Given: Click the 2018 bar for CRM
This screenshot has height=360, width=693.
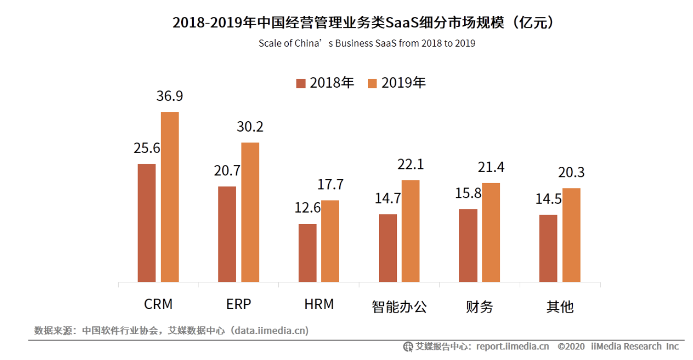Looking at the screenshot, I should coord(146,223).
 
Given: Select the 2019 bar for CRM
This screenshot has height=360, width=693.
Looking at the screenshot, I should coord(170,197).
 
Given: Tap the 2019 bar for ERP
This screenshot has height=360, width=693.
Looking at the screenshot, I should coord(250,212).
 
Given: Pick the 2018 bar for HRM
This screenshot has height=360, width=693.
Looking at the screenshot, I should coord(308,253).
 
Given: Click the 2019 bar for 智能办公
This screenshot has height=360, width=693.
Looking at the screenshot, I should coord(411,231).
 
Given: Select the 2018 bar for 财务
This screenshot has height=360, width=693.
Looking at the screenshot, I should coord(468,246).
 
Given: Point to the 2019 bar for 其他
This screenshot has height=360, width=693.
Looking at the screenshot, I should coord(571,235).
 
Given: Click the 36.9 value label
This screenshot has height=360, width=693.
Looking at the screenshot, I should coord(170,97).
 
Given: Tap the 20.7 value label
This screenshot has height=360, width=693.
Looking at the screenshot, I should coord(227,171).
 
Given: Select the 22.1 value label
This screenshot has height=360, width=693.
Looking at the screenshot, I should coord(411,165).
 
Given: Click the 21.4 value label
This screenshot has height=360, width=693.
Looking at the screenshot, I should coord(491,167).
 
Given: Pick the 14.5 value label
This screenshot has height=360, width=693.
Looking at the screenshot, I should coord(548,199).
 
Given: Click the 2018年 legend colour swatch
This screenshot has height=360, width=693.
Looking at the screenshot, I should coord(301,83).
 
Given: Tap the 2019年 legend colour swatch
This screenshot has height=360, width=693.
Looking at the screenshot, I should coord(373,83).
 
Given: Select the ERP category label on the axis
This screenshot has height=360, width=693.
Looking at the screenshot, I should coord(239,304).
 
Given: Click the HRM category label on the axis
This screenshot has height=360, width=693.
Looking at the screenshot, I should coord(319,304).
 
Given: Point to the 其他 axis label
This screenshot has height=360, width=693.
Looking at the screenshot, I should coord(560,306).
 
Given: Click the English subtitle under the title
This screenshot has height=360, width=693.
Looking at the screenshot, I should coord(366,44).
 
